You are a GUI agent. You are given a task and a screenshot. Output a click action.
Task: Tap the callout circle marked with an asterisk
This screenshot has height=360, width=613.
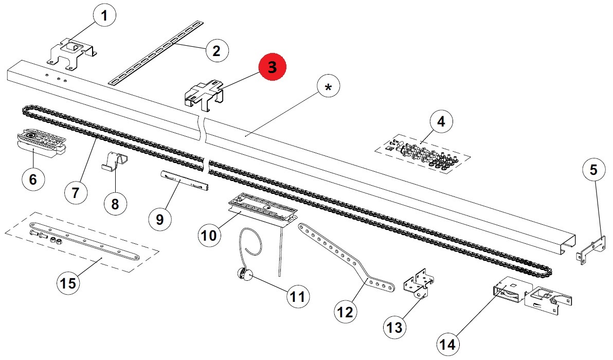pos(328,87)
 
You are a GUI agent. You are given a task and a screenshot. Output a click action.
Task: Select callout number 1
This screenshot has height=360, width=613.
pos(104,16)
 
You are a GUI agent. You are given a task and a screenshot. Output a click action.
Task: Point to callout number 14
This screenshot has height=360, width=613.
pos(448,344)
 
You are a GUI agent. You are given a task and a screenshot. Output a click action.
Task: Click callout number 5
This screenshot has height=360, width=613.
pos(594,170)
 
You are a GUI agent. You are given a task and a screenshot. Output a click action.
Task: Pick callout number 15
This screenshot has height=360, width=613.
pos(68,283)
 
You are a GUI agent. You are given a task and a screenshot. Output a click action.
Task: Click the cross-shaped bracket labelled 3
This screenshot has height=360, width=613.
pos(204,95)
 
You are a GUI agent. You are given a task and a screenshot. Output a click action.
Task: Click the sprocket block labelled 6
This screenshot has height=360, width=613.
pos(41,142)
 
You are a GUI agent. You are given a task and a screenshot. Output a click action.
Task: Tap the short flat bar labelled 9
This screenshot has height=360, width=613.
pos(184,181)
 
